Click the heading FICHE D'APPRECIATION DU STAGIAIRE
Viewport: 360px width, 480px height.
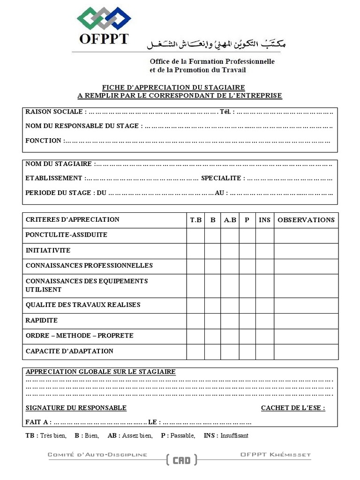point(173,88)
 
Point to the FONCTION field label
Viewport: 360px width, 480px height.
point(44,141)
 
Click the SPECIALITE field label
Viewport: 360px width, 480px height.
point(221,178)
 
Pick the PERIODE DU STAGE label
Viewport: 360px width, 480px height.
point(60,193)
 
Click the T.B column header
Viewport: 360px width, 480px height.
point(195,220)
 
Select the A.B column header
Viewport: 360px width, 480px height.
point(230,220)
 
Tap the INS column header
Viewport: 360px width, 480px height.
point(264,220)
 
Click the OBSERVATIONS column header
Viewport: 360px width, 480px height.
point(306,220)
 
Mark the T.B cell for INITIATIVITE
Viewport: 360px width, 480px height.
point(195,251)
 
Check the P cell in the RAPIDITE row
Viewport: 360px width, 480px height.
point(247,321)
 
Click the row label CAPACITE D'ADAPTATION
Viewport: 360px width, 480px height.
point(69,351)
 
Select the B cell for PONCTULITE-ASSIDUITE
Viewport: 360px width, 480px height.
point(212,235)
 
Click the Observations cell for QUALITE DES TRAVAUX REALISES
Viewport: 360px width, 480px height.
point(306,305)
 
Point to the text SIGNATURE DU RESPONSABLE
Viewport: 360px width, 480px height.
point(76,408)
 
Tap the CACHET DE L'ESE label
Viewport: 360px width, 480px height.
point(292,408)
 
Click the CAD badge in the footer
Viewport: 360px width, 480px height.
point(181,460)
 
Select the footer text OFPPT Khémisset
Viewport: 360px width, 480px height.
point(275,455)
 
